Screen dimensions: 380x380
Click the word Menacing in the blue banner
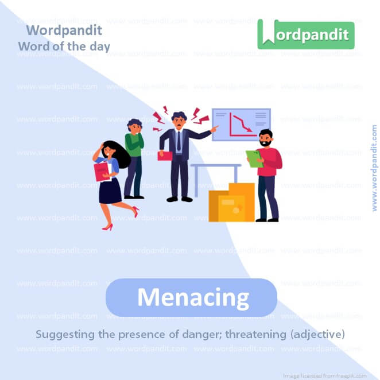point(192,298)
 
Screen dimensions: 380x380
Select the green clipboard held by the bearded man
point(254,158)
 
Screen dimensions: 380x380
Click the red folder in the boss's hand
point(164,155)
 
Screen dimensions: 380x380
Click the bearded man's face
point(265,138)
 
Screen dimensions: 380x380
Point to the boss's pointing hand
point(214,130)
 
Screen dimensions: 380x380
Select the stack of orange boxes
point(232,203)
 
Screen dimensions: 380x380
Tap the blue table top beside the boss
point(216,165)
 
